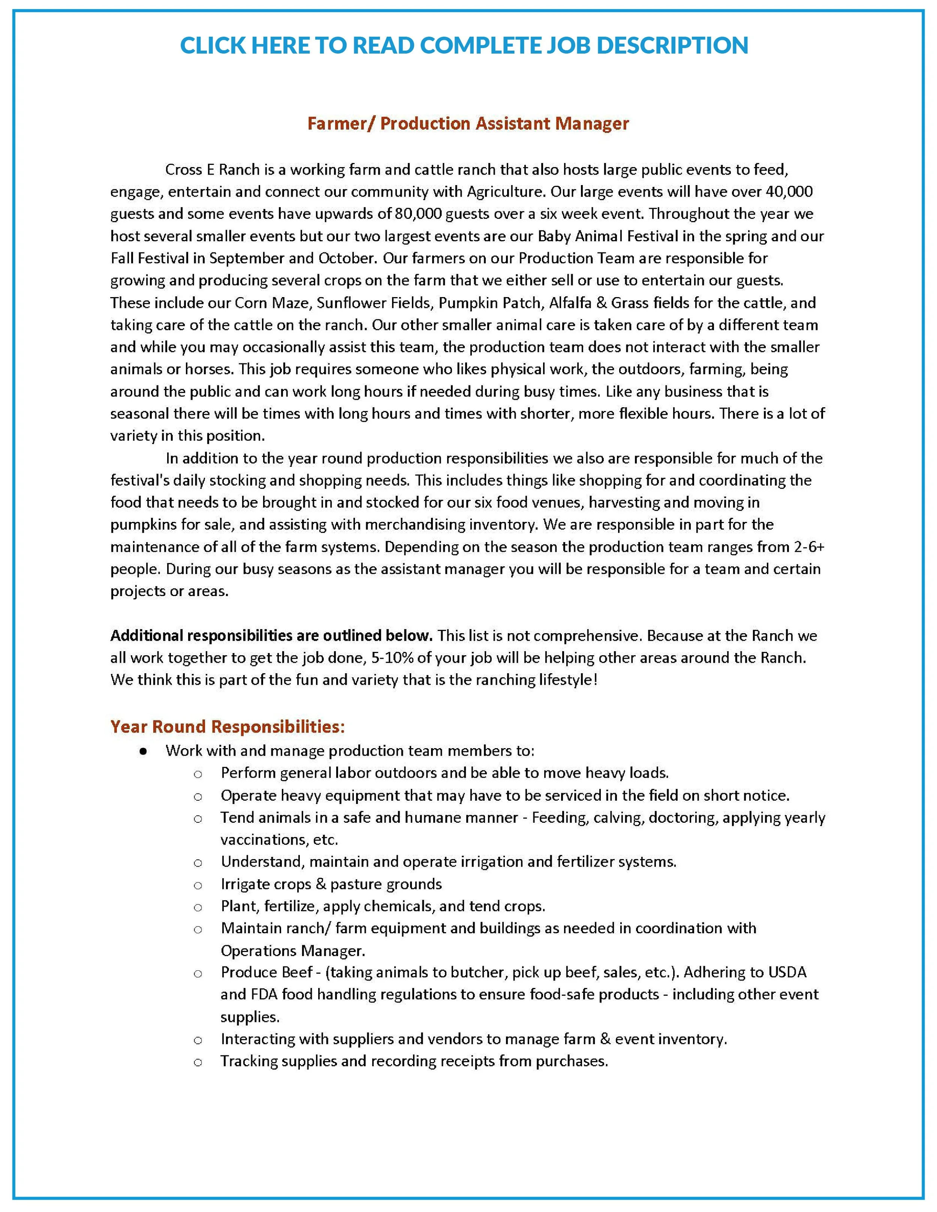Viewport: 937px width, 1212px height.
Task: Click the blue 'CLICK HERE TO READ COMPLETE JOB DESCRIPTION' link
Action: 464,45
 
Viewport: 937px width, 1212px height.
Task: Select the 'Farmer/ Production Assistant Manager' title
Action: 468,123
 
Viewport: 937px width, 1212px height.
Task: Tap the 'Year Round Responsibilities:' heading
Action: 227,726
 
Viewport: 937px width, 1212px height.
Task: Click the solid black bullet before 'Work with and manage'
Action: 143,752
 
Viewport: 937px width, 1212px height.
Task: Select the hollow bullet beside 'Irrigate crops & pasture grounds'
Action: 198,886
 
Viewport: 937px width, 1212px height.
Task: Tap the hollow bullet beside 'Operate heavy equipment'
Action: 198,797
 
